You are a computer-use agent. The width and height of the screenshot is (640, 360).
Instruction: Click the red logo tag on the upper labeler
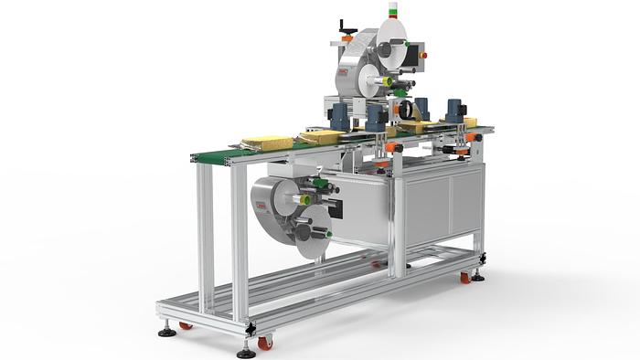click(341, 72)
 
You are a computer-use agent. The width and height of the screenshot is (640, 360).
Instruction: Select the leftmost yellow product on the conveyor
click(266, 143)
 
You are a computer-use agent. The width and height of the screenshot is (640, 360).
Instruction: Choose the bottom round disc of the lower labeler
click(311, 234)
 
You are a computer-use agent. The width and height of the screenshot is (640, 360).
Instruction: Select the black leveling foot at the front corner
click(245, 350)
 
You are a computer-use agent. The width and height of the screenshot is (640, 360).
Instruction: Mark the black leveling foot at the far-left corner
click(167, 331)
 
